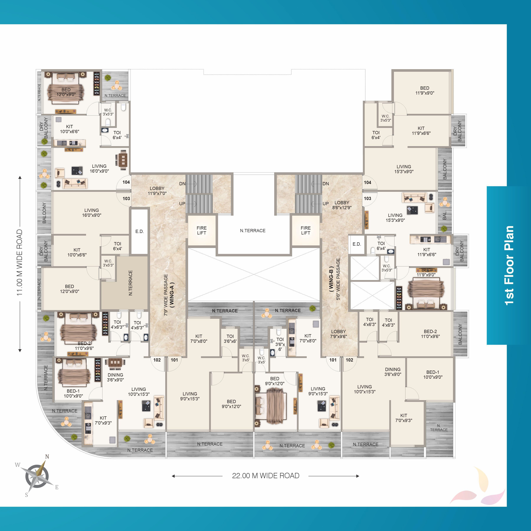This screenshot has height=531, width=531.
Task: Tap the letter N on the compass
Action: coord(47,457)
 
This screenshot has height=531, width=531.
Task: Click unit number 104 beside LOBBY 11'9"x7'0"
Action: coord(126,182)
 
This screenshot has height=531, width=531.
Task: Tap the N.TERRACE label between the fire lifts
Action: coord(253,231)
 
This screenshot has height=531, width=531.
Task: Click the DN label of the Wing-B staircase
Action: coord(326,184)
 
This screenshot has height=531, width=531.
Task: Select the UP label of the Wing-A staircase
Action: coord(182,204)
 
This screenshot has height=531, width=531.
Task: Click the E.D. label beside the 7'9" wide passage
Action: coord(140,231)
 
